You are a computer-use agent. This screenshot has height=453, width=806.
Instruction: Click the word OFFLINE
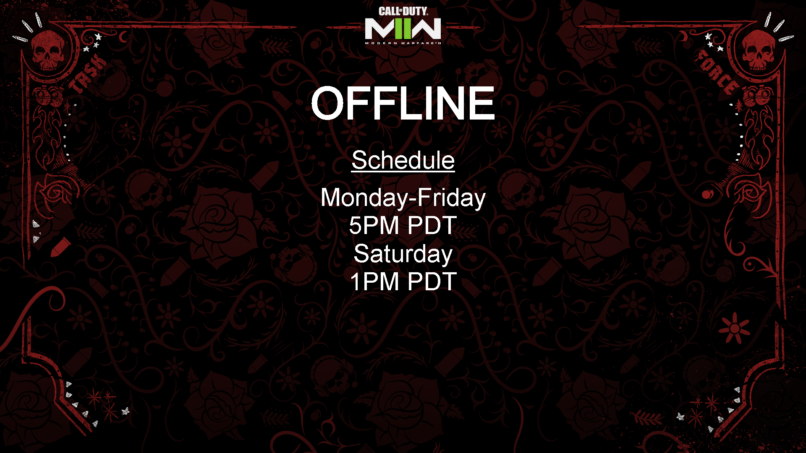coord(403,103)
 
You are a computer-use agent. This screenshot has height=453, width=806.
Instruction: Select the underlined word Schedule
coord(403,160)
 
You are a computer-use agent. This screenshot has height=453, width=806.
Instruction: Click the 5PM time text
coord(374,225)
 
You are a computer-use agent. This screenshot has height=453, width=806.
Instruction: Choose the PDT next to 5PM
coord(432,225)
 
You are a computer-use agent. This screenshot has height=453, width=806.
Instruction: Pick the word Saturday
coord(403,254)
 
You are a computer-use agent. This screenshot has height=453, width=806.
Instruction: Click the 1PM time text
coord(374,281)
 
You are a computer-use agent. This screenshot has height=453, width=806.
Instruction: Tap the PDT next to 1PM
coord(432,281)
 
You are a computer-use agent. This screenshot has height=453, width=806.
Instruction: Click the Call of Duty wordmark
coord(403,11)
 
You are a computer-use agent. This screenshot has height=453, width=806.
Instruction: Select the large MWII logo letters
coord(403,29)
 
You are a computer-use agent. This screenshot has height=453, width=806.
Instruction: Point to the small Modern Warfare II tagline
coord(403,43)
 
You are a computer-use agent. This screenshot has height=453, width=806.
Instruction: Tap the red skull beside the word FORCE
coord(758,50)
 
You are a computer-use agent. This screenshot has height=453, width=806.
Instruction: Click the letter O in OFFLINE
coord(328,103)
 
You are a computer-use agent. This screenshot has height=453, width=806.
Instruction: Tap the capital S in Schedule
coord(360,160)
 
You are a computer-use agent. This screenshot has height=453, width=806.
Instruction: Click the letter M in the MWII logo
coord(380,29)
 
